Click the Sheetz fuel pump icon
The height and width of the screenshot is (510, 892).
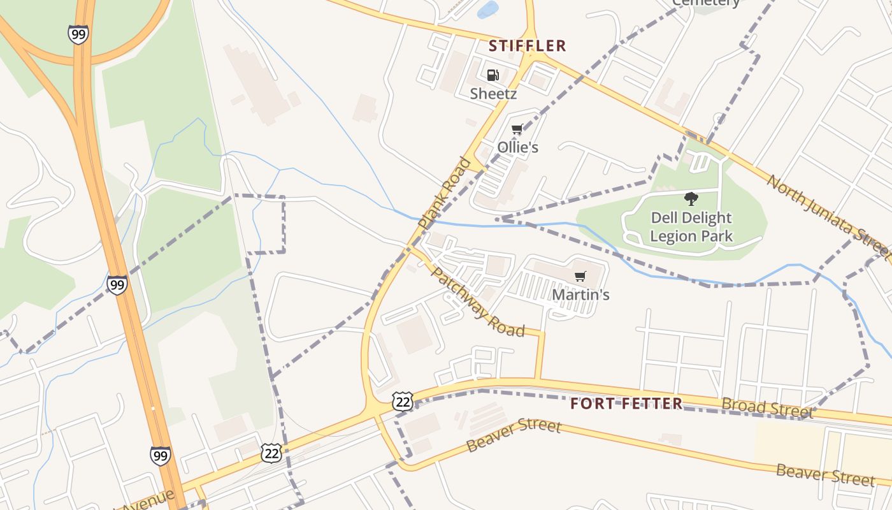pos(493,75)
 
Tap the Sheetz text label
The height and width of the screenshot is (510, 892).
pos(493,94)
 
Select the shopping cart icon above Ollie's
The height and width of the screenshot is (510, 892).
pos(517,129)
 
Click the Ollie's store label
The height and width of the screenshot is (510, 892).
pos(517,147)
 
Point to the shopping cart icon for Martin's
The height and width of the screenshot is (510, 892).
pos(580,277)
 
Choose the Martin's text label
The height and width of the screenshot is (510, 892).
pos(580,295)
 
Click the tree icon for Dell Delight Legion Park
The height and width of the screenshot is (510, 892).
pos(691,199)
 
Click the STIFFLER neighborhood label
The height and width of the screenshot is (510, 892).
pos(527,46)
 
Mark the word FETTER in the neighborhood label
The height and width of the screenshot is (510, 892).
pos(652,404)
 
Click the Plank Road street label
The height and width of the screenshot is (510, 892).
pos(444,193)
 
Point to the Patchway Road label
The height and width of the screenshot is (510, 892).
pos(477,302)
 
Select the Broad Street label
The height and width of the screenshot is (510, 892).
pos(767,408)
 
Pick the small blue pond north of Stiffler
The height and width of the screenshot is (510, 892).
pos(487,10)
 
